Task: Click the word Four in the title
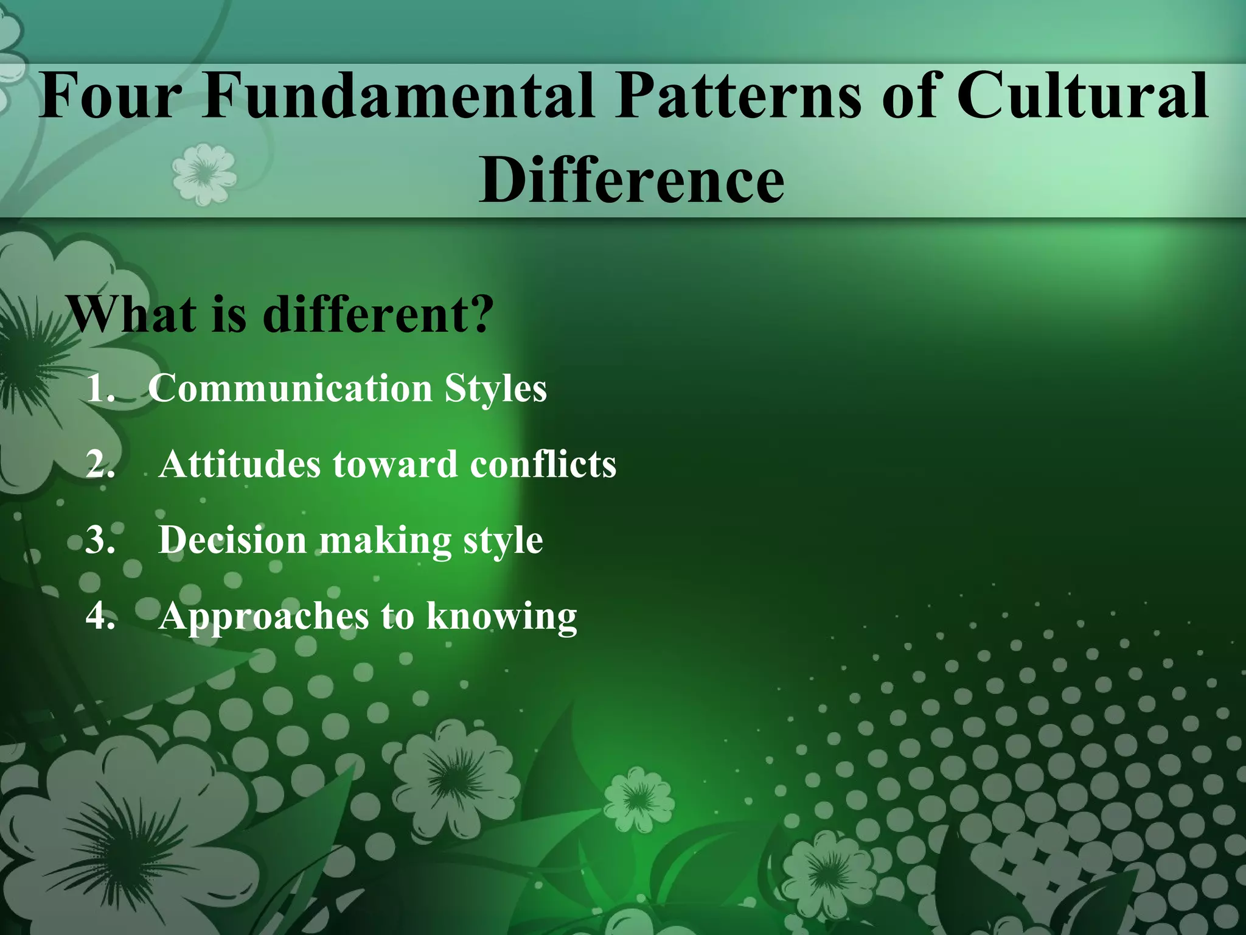(x=110, y=96)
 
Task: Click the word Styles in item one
(x=495, y=388)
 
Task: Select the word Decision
(x=232, y=540)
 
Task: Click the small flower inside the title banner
(x=203, y=173)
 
